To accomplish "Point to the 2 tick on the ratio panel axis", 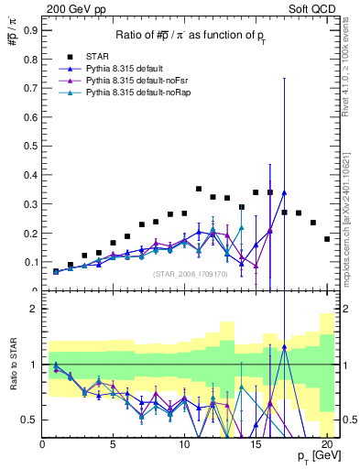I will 34,309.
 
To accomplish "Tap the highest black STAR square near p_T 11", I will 199,190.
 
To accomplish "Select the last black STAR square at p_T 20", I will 327,239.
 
